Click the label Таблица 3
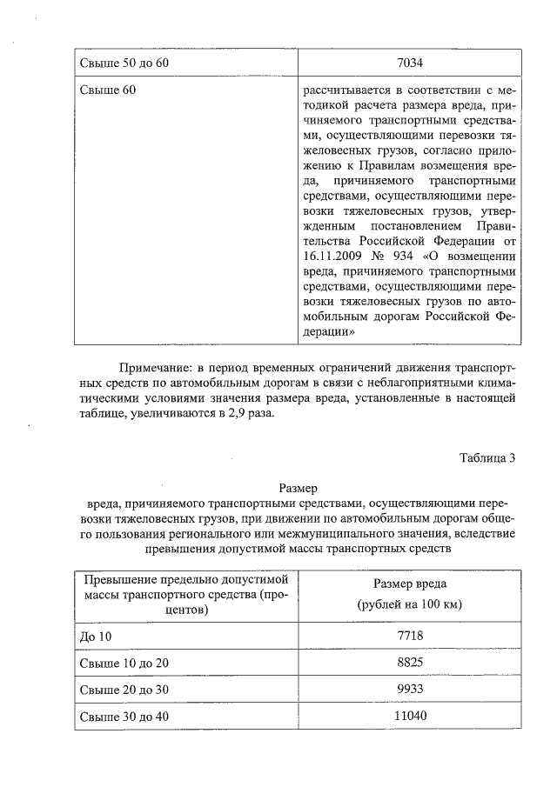[488, 459]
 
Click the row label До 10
[97, 637]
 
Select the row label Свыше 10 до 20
[124, 663]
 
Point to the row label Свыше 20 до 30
[124, 689]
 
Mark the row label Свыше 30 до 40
[124, 716]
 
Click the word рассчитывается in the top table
[345, 89]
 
